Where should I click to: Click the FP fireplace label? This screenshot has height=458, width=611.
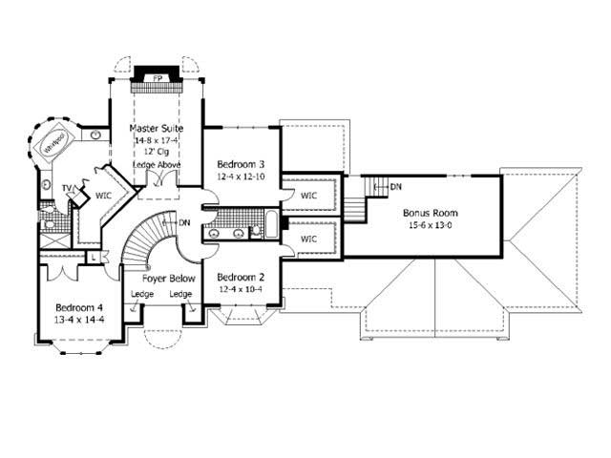[157, 77]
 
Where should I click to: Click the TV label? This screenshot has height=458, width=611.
[68, 188]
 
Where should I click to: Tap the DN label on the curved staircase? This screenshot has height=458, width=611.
[184, 222]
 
